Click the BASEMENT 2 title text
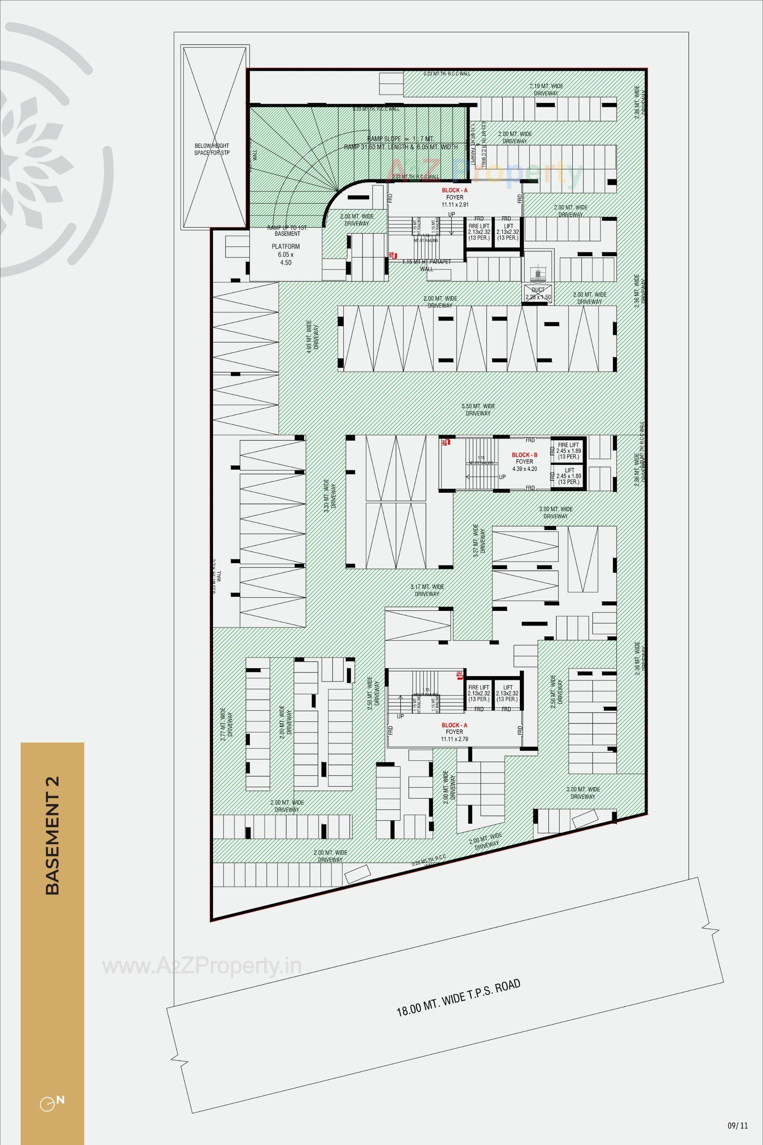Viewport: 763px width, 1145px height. point(52,835)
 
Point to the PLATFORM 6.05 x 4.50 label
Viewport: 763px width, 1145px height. point(286,254)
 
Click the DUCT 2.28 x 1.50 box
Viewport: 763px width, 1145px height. point(538,293)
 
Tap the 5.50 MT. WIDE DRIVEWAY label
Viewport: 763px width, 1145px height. point(478,410)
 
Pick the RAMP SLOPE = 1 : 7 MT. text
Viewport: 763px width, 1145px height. point(401,139)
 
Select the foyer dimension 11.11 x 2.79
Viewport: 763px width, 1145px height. point(454,739)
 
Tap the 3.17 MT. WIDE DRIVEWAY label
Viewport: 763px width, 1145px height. point(427,590)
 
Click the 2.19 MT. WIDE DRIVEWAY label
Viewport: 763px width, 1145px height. point(546,89)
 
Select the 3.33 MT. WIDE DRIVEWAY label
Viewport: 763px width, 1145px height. point(329,494)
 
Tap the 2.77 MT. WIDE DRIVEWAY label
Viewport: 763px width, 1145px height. point(226,724)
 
